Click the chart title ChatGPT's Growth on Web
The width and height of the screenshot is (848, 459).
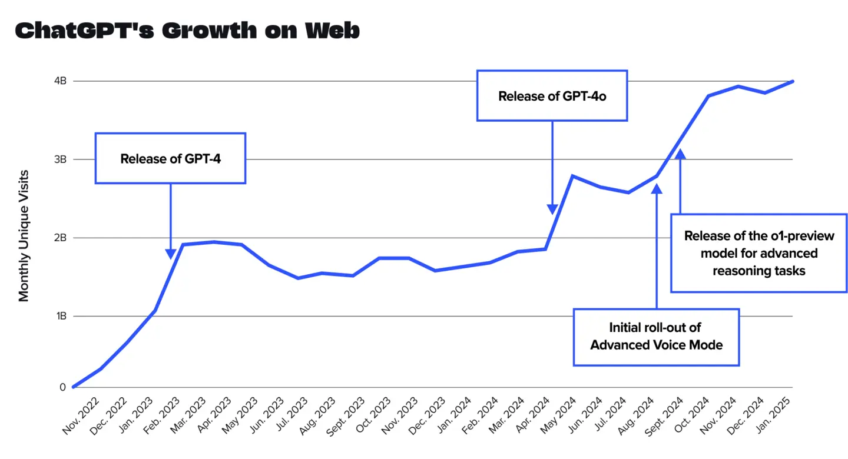(187, 31)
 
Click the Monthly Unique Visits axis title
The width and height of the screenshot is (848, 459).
(24, 235)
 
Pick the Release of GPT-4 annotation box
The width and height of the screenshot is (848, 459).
(170, 158)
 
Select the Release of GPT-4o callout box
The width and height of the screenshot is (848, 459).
(552, 96)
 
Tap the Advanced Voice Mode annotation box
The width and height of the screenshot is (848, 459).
(656, 337)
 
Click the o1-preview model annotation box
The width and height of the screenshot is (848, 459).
(759, 253)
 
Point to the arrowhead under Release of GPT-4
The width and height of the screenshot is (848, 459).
(171, 254)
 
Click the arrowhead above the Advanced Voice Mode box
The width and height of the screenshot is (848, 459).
(657, 188)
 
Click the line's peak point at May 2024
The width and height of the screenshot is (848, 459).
(572, 176)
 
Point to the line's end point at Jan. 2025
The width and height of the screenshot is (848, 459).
(793, 81)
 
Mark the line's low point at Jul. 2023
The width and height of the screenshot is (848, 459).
(298, 278)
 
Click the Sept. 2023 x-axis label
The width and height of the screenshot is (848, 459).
(344, 416)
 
